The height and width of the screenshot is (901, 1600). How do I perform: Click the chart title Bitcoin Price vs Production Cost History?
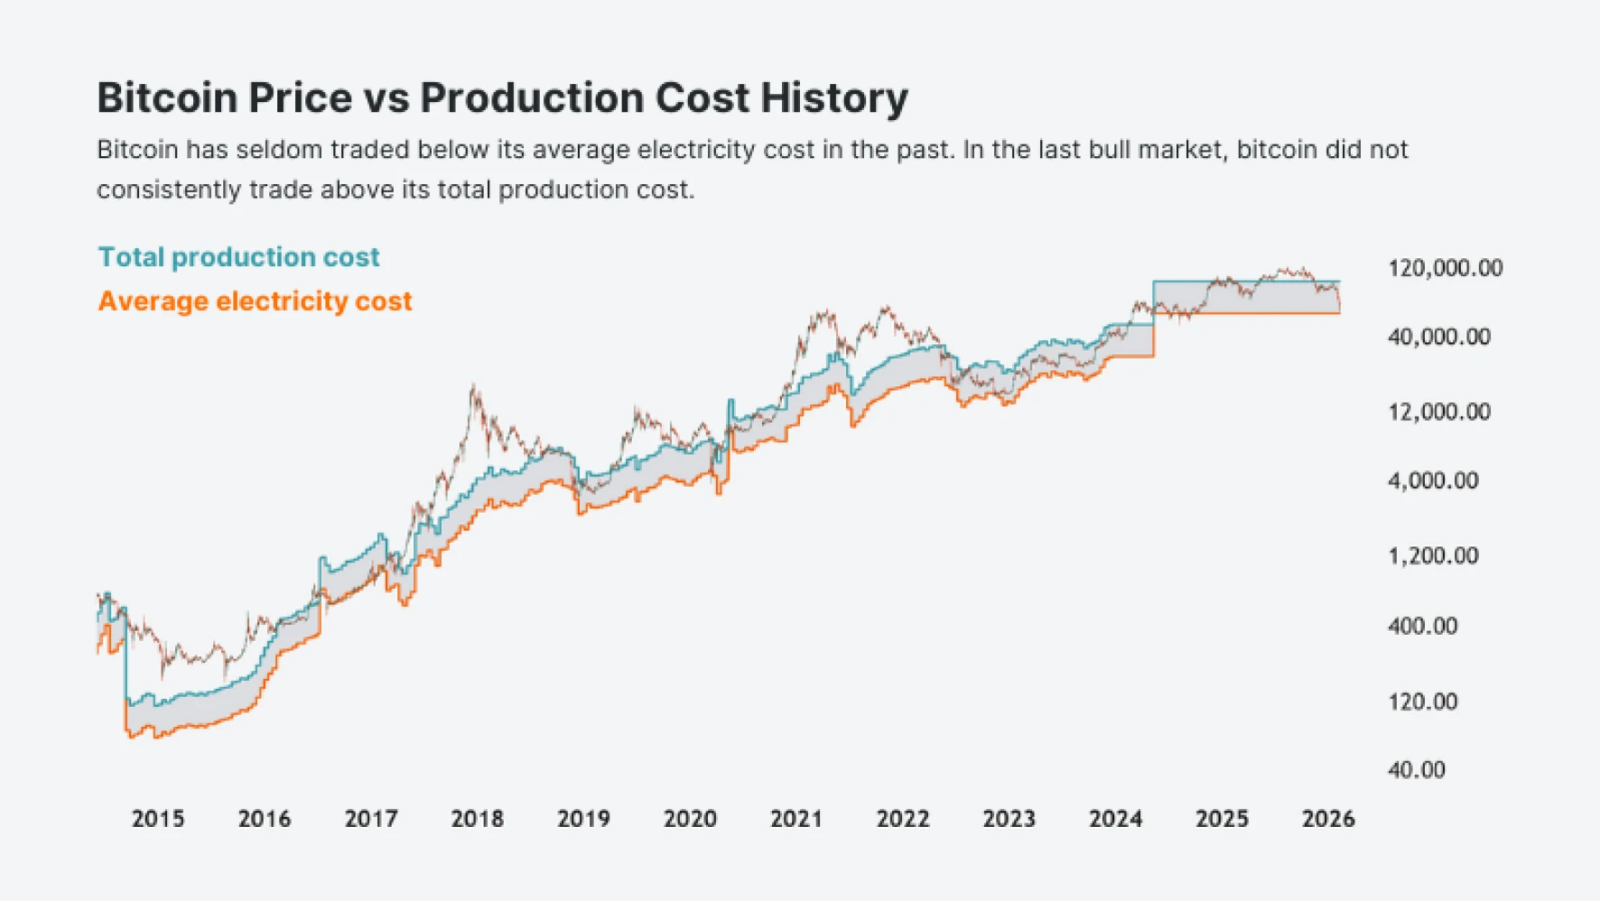click(502, 98)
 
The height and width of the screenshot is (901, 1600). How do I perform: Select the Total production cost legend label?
click(238, 257)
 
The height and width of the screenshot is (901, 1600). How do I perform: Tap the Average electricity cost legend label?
click(255, 302)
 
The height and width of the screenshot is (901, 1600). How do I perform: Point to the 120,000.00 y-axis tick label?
click(1445, 268)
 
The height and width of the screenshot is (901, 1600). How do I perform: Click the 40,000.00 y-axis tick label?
click(1438, 337)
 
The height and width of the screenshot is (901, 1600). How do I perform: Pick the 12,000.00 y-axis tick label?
click(1438, 412)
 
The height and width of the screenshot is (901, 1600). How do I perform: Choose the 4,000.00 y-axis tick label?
click(1433, 480)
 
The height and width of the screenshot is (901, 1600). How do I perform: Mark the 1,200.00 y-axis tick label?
click(1433, 555)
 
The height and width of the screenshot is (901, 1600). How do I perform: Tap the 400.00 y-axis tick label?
click(1422, 626)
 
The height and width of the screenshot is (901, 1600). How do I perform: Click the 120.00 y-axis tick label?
click(1422, 701)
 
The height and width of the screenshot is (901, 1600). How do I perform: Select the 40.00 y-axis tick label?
click(1416, 770)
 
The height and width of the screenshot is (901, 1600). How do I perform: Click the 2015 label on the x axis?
click(158, 819)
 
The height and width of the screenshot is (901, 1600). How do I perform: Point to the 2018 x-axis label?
click(477, 819)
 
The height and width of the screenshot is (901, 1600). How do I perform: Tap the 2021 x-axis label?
click(795, 819)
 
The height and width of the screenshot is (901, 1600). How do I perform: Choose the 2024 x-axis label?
click(1115, 819)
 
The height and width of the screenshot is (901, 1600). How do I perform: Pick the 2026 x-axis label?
click(1327, 819)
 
